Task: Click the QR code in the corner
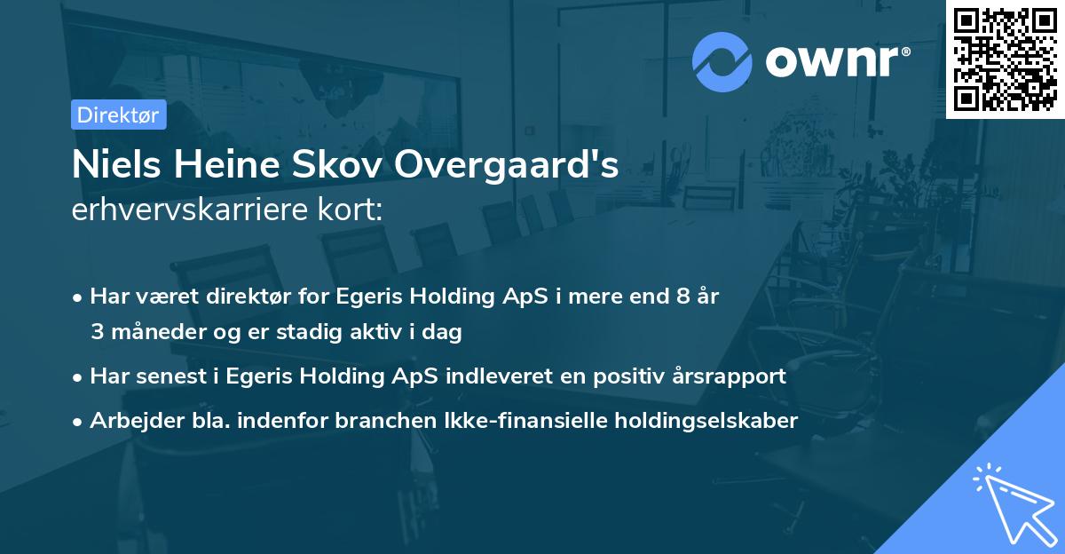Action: (1006, 59)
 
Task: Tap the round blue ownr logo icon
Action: (722, 62)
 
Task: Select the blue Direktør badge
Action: (118, 115)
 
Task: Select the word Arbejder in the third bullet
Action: (130, 420)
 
